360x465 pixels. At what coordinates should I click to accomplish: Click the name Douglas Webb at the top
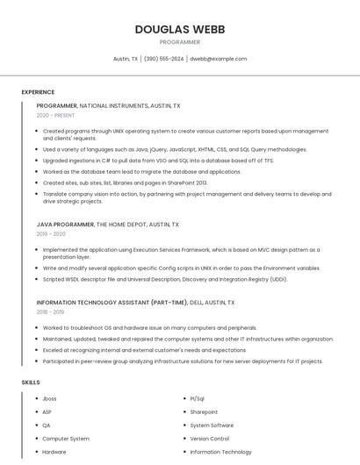180,29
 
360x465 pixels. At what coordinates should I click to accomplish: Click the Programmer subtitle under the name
180,42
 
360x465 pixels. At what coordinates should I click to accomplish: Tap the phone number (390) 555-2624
163,59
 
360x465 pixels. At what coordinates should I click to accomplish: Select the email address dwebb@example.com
219,59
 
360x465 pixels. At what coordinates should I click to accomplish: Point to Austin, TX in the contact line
126,59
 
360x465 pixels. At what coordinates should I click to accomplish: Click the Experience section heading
38,92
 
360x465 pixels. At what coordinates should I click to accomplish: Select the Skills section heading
31,383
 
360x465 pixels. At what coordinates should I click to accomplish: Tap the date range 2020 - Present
55,115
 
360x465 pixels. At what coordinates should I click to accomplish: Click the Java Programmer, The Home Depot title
107,225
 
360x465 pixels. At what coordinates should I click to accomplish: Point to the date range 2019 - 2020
51,234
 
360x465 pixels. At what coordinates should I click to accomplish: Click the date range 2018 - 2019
50,311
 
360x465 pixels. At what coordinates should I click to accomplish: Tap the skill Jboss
49,398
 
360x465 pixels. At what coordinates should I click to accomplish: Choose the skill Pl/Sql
197,398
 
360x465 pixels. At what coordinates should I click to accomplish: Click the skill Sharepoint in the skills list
204,411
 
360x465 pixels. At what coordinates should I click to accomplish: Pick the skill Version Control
209,439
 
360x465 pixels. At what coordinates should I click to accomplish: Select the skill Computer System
66,439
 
